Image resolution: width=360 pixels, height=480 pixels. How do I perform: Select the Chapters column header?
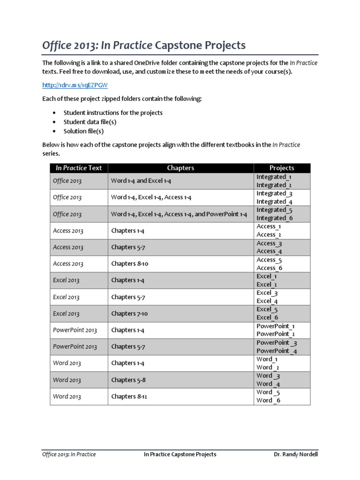click(180, 168)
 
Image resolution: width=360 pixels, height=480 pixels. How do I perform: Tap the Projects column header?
click(282, 168)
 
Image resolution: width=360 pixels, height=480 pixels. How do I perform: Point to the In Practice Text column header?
click(79, 168)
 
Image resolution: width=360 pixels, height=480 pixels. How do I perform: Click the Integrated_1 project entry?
click(274, 177)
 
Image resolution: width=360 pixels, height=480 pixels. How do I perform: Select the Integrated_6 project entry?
click(274, 218)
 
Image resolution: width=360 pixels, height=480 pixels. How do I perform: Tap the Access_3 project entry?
click(269, 243)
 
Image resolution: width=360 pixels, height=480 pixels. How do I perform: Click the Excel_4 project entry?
click(267, 301)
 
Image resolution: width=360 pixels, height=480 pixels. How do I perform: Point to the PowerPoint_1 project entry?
click(276, 326)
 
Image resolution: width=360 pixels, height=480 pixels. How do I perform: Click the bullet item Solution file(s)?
click(84, 131)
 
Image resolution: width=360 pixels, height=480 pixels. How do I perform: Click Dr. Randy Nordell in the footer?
click(295, 454)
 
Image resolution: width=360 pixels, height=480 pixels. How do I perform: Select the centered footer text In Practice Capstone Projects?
click(180, 454)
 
